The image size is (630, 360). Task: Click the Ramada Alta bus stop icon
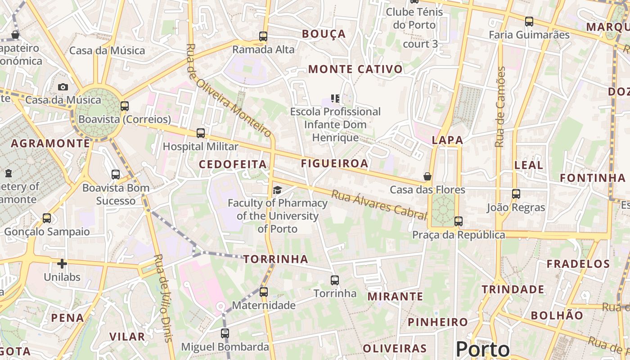(x=263, y=36)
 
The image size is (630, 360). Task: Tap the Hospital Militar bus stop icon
(x=201, y=133)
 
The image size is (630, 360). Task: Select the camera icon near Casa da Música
(x=63, y=87)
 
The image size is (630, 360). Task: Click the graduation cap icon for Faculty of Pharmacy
(x=277, y=190)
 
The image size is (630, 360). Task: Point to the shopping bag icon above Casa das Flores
(x=427, y=176)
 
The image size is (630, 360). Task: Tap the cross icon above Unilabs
(x=62, y=264)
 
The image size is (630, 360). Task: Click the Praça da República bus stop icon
(x=459, y=221)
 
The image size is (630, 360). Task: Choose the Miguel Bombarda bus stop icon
(x=225, y=333)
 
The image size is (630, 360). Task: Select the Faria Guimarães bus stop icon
(x=529, y=22)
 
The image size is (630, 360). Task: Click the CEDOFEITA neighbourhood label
(x=233, y=165)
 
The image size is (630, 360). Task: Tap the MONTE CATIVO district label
(x=355, y=69)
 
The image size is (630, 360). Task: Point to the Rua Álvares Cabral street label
(x=379, y=205)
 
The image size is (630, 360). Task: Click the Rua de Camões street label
(x=500, y=107)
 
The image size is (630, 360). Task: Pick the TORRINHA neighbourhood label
(x=276, y=259)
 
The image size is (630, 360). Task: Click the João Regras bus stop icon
(x=516, y=194)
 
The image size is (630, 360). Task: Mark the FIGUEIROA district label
(x=334, y=163)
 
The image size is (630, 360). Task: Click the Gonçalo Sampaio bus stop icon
(x=47, y=218)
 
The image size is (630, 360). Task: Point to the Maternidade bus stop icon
(x=264, y=292)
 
